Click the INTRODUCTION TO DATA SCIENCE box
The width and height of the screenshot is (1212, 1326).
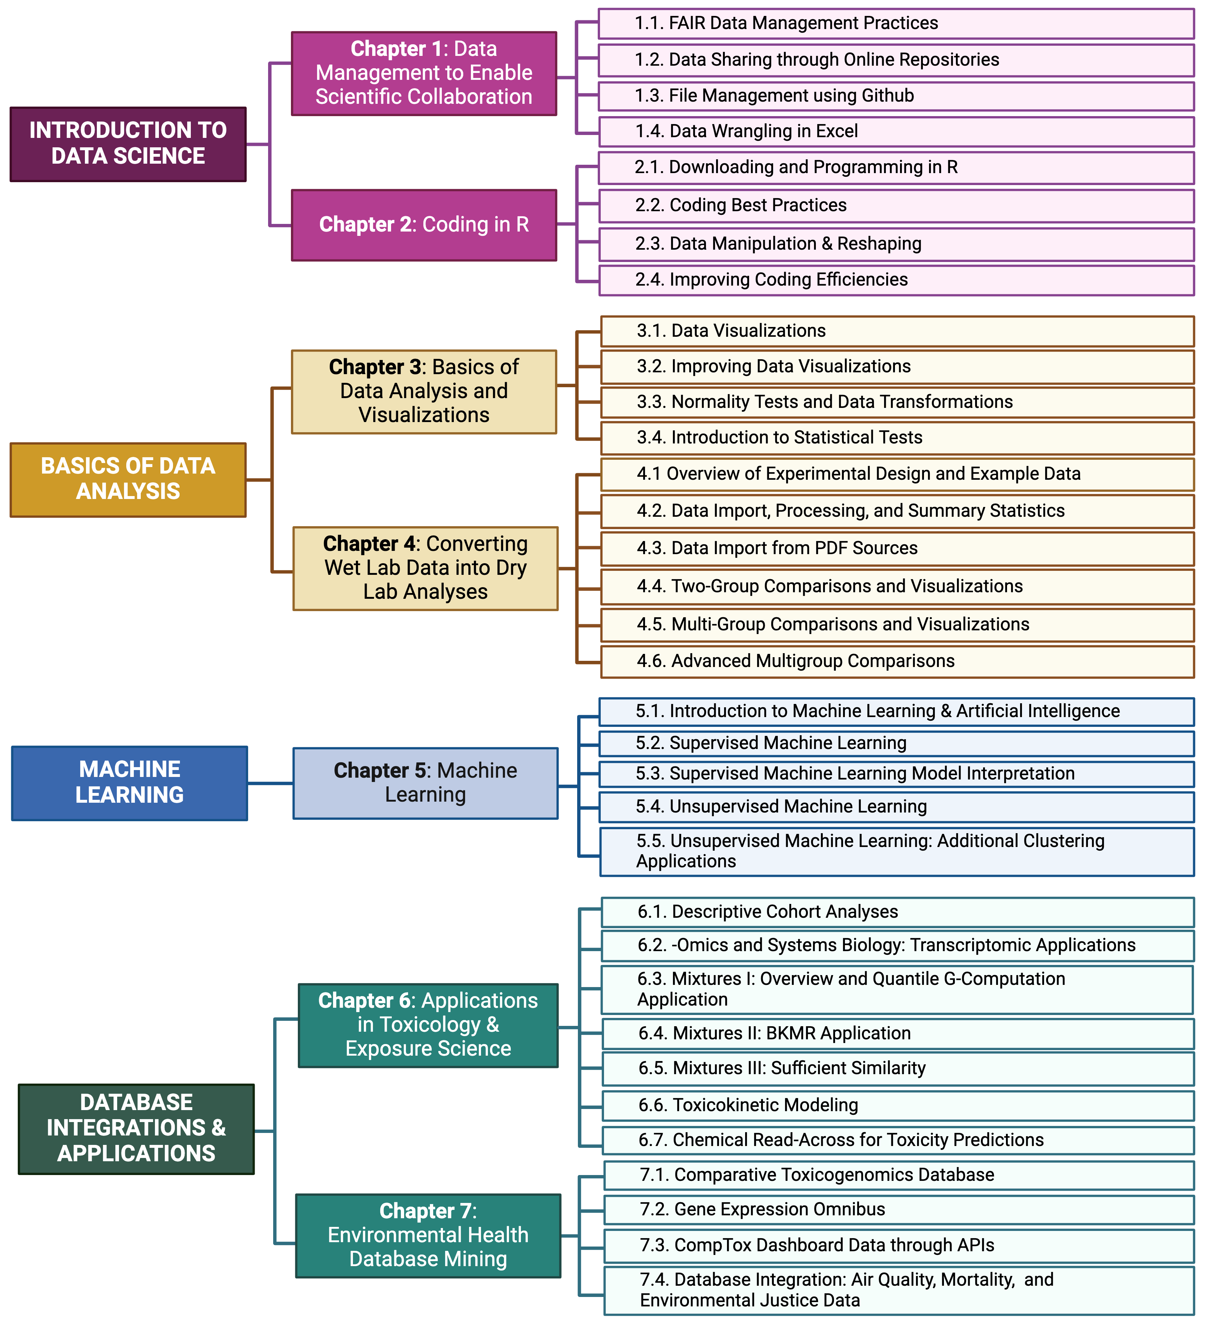click(128, 144)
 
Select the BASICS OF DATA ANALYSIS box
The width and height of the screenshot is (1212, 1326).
click(128, 479)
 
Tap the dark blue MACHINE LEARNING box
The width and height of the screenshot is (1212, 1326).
click(130, 783)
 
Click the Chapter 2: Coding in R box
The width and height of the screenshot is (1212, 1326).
click(424, 225)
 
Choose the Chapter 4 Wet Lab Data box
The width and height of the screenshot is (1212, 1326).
click(426, 568)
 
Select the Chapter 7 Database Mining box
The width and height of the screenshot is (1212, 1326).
click(428, 1235)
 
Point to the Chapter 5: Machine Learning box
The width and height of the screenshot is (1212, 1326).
click(426, 783)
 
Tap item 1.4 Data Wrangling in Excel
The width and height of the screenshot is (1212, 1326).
click(896, 131)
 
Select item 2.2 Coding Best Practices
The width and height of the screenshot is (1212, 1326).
click(896, 205)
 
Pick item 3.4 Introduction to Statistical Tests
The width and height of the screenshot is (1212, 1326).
click(897, 437)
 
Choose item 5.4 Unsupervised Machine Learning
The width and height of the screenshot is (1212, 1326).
click(896, 806)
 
